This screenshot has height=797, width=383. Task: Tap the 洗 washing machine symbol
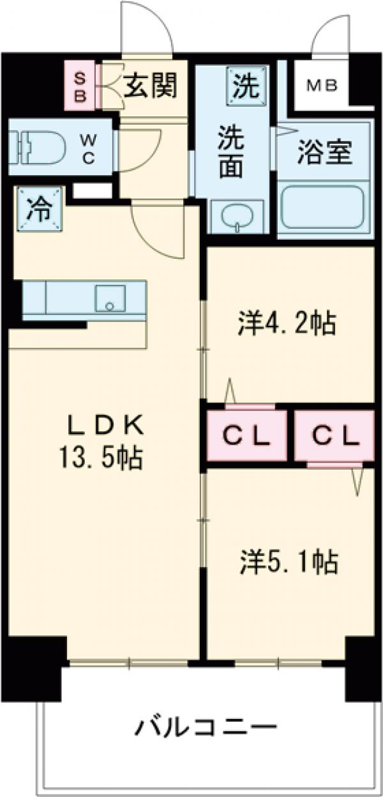tap(244, 87)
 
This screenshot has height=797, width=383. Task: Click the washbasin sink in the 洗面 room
tap(237, 218)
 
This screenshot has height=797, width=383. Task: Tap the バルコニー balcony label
tap(206, 727)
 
